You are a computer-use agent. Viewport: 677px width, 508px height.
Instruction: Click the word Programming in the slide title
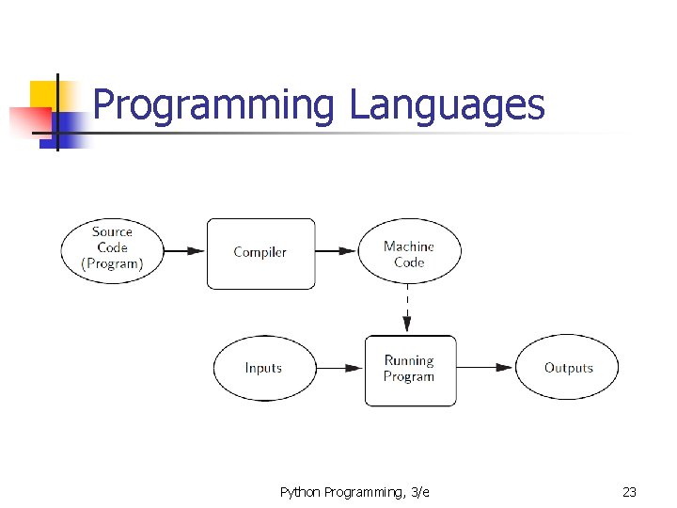[x=213, y=105]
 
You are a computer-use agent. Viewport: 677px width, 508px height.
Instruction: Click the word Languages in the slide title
[x=447, y=105]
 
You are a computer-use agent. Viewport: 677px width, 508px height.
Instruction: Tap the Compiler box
[x=260, y=252]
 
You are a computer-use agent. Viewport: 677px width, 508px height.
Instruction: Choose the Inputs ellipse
[x=263, y=368]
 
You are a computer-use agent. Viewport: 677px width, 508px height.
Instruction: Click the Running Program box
[x=410, y=369]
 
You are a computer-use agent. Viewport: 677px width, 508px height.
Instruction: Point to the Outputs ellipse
[x=568, y=368]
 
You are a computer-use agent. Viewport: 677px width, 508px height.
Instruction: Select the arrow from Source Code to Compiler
[x=185, y=251]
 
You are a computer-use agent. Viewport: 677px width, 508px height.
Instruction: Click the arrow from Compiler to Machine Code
[x=336, y=251]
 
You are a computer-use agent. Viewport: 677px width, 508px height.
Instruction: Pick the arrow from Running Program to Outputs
[x=485, y=368]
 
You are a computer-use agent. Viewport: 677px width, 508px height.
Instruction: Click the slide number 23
[x=629, y=492]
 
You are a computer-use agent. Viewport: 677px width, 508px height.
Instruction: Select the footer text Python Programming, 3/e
[x=354, y=492]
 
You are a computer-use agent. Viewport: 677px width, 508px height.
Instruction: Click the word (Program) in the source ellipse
[x=112, y=264]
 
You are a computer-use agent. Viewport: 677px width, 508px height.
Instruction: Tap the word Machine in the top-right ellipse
[x=409, y=246]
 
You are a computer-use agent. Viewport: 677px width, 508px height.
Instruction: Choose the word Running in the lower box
[x=409, y=360]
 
